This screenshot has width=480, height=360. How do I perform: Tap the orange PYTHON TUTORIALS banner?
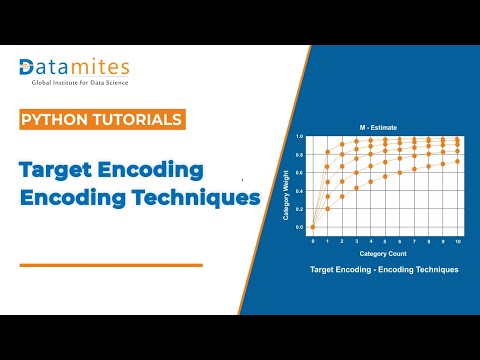point(102,120)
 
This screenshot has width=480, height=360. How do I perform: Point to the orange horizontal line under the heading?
point(111,265)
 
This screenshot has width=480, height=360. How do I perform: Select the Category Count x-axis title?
point(384,254)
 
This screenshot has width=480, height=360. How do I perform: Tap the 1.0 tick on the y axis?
point(299,135)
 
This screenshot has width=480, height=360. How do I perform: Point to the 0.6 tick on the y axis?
point(299,172)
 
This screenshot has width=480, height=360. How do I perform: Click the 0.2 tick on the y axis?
point(299,208)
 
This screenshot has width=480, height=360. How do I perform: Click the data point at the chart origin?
point(313,227)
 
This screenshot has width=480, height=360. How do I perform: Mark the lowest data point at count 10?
point(458,161)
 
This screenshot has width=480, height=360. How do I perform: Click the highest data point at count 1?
point(328,152)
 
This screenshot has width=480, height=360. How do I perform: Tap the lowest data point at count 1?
point(328,208)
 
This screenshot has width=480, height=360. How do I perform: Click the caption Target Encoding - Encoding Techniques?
point(384,270)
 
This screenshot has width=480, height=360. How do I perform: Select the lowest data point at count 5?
point(385,176)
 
